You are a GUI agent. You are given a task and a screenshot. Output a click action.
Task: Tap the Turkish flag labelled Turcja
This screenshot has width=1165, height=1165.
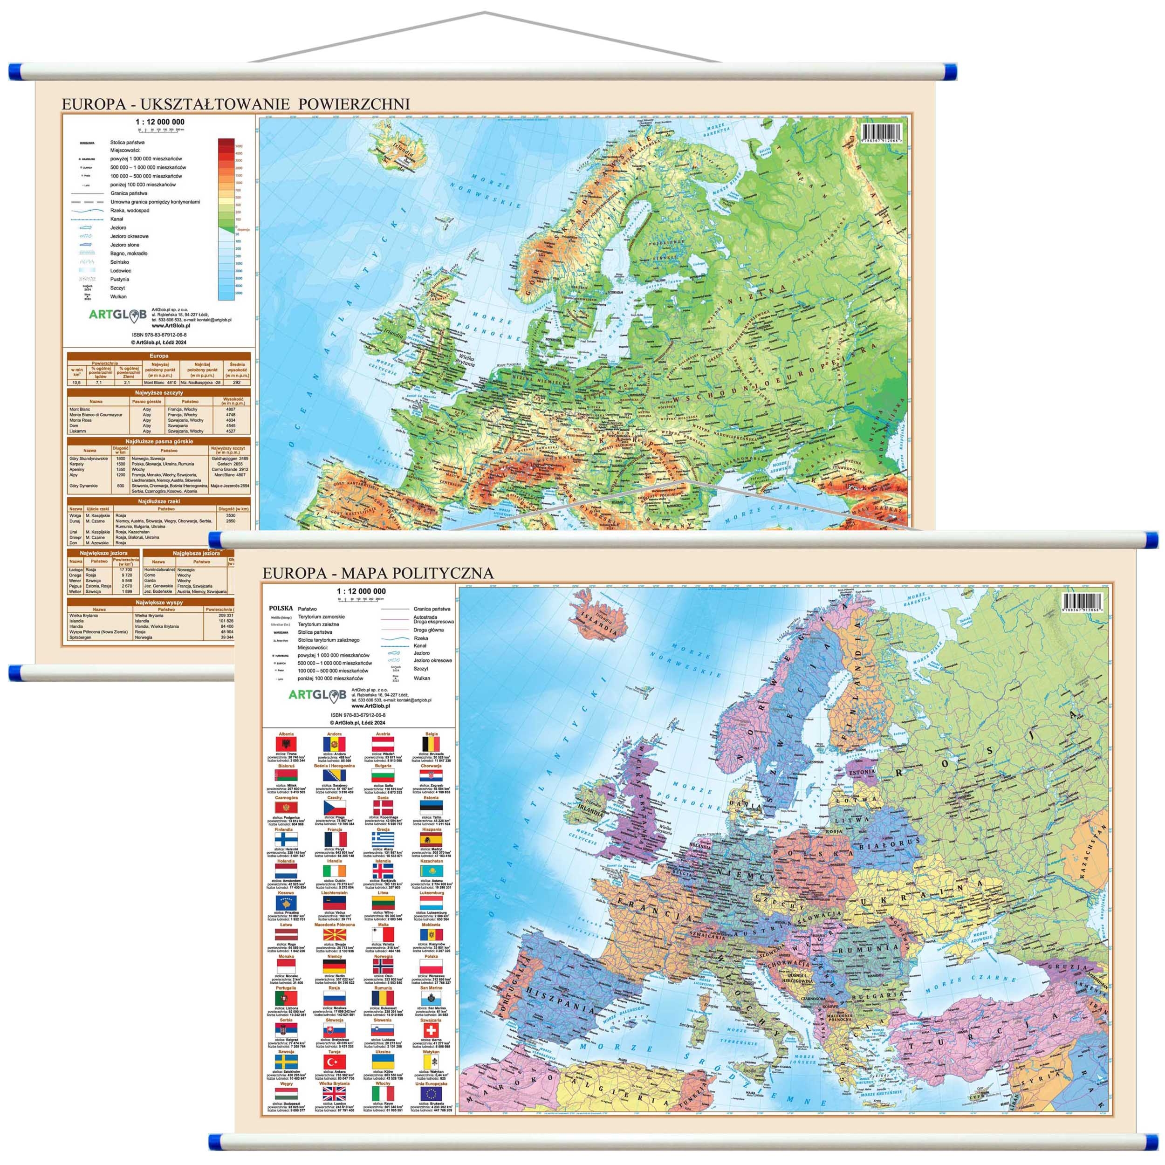(334, 1062)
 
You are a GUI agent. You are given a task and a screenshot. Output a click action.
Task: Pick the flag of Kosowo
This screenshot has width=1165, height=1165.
(285, 903)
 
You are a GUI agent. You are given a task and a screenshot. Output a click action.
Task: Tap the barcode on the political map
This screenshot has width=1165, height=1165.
(1083, 601)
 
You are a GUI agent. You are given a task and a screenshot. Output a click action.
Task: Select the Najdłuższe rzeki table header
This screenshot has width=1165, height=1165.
(158, 501)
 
